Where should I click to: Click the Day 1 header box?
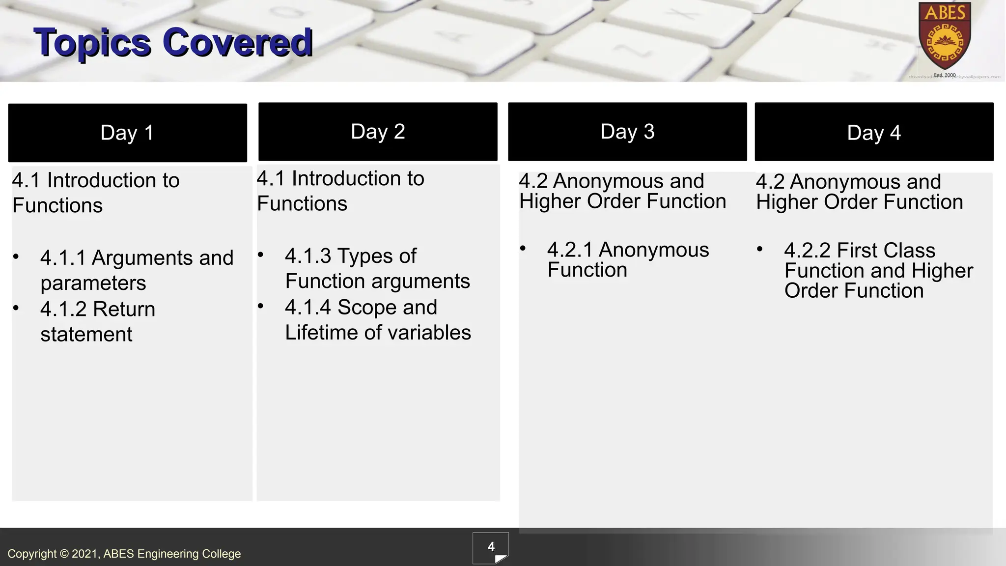pos(127,133)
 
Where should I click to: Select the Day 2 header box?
pos(378,132)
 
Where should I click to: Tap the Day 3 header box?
pos(627,132)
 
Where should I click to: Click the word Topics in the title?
pos(92,43)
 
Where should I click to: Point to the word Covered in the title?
pos(237,43)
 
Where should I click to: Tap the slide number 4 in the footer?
pos(491,547)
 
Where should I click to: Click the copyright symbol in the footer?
pos(64,554)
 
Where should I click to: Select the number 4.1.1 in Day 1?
pos(63,258)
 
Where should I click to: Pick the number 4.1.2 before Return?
pos(63,310)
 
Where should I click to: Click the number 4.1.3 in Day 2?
pos(308,256)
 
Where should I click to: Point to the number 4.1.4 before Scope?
pos(308,308)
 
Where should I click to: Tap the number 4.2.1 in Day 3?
pos(570,250)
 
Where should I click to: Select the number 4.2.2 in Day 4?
pos(807,251)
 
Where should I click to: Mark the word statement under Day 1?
pos(86,335)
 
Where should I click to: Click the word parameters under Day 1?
pos(93,283)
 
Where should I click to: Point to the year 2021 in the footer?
pos(85,554)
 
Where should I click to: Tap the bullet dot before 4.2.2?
pos(759,249)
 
